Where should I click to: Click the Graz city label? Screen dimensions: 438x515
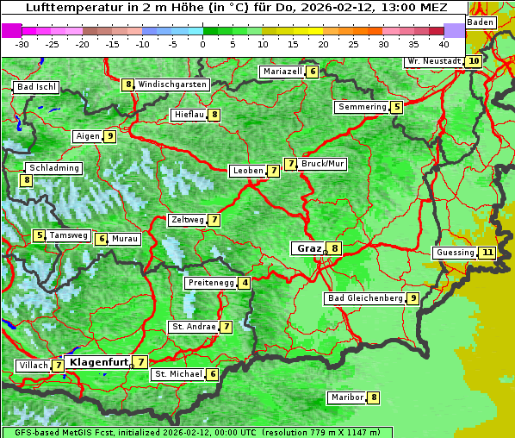click(307, 248)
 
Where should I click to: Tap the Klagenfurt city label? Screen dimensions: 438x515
click(98, 362)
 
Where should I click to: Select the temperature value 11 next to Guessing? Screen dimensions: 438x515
click(488, 253)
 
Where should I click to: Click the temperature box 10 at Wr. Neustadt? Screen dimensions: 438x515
click(474, 61)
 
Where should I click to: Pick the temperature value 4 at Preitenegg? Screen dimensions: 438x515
click(245, 283)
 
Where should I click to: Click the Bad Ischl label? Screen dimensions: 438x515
click(36, 87)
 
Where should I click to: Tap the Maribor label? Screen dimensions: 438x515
click(346, 397)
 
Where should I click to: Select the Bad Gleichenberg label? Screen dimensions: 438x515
click(364, 298)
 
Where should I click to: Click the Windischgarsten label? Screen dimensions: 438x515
click(172, 84)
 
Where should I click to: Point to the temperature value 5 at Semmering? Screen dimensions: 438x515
click(396, 107)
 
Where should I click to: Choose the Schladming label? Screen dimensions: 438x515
click(53, 168)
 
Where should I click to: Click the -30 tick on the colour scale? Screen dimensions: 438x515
click(22, 43)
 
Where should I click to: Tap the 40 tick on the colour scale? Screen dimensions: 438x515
click(444, 43)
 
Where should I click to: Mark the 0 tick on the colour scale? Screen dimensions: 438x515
click(202, 43)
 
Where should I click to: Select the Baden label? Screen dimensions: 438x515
click(481, 22)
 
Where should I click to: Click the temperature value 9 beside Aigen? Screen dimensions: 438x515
click(110, 136)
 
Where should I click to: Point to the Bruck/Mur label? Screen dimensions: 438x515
click(323, 163)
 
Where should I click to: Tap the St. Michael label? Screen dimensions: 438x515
click(177, 374)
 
